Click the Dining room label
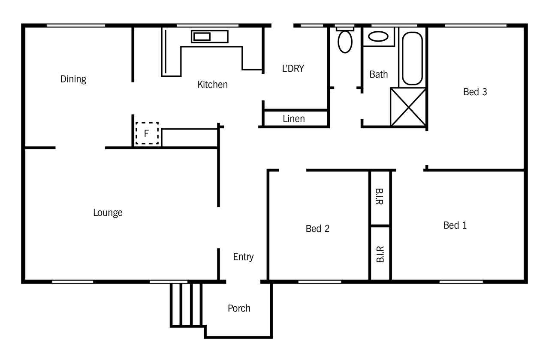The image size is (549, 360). [73, 79]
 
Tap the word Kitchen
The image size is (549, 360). [212, 85]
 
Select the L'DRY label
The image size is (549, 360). [293, 68]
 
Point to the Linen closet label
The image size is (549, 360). [294, 119]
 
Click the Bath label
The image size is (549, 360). [379, 74]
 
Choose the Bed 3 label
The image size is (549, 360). [475, 92]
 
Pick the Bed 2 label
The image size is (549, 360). [317, 229]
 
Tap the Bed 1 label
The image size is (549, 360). [455, 225]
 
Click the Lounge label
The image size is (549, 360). [108, 213]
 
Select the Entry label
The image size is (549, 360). [243, 257]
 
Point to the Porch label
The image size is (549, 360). [239, 308]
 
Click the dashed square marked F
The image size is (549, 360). [147, 133]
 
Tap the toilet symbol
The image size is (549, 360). [345, 40]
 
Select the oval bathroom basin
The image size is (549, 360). [378, 36]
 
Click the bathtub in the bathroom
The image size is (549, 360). [412, 58]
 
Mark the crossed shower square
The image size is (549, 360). [408, 107]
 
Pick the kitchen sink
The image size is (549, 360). [210, 36]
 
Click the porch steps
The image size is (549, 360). [186, 305]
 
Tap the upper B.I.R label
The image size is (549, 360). [380, 197]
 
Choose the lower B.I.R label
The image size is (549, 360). [380, 254]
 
